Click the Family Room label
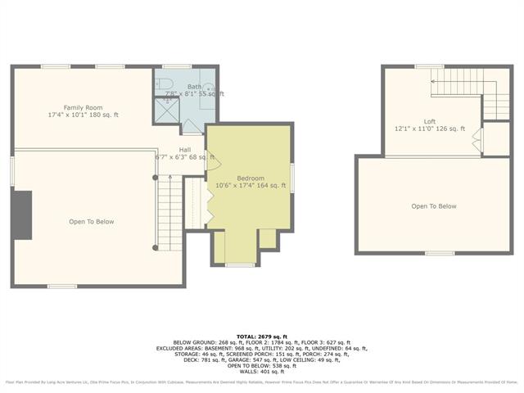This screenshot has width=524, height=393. click(x=82, y=107)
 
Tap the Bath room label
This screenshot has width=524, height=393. click(x=194, y=87)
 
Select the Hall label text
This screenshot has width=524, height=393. click(x=185, y=150)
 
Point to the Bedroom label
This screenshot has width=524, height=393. click(x=251, y=178)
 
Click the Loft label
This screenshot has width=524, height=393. click(x=430, y=121)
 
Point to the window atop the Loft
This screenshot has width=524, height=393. click(x=429, y=66)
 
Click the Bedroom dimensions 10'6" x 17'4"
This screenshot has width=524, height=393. click(x=251, y=186)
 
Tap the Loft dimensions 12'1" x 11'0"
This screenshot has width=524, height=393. click(x=430, y=129)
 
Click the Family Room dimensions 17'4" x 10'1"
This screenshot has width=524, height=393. click(x=83, y=115)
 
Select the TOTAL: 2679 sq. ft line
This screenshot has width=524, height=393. click(x=261, y=337)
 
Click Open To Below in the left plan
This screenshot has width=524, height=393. click(x=91, y=222)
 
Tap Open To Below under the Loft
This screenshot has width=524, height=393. click(x=434, y=206)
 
